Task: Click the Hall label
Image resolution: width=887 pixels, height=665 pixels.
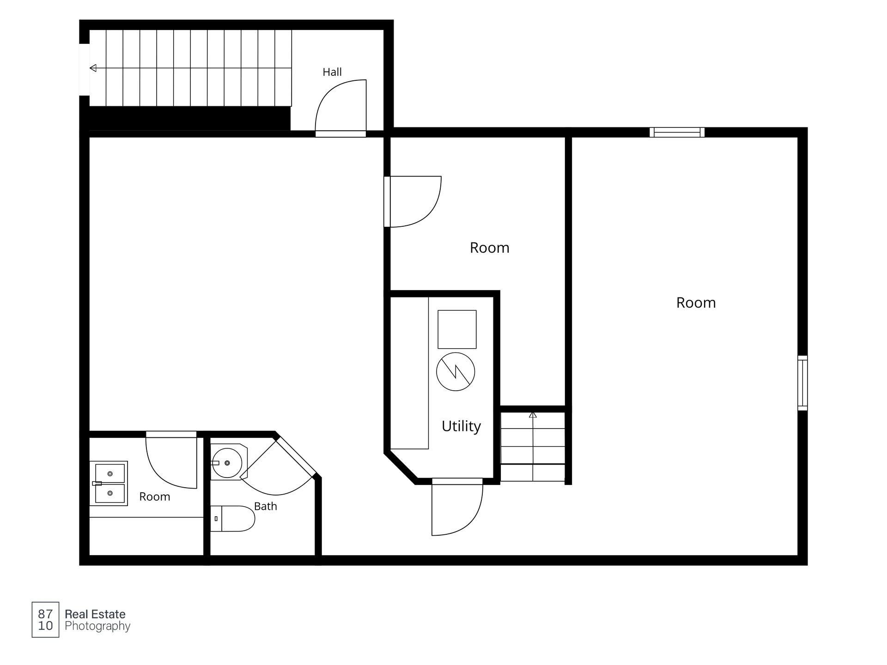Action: pyautogui.click(x=332, y=72)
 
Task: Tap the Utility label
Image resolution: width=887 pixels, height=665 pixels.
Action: pyautogui.click(x=461, y=426)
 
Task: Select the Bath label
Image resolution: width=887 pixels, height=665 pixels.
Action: pyautogui.click(x=266, y=506)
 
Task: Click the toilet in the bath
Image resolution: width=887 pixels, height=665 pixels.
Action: pyautogui.click(x=232, y=519)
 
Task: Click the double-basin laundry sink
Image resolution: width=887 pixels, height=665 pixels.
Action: pyautogui.click(x=109, y=484)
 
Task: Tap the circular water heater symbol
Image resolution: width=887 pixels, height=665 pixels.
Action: pyautogui.click(x=456, y=372)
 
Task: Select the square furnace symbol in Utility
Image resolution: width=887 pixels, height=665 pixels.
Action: pyautogui.click(x=457, y=329)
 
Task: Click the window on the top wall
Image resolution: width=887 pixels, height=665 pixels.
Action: pyautogui.click(x=677, y=133)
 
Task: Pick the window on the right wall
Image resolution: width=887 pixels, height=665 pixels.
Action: pyautogui.click(x=803, y=383)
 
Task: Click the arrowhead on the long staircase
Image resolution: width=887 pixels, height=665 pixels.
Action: pyautogui.click(x=93, y=68)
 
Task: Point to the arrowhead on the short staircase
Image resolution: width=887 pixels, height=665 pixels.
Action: pyautogui.click(x=533, y=415)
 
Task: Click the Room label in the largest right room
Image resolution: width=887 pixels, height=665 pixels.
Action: pyautogui.click(x=696, y=303)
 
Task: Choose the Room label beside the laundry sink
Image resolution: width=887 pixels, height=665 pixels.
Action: pyautogui.click(x=155, y=497)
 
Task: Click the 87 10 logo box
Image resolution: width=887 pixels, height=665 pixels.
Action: pyautogui.click(x=45, y=620)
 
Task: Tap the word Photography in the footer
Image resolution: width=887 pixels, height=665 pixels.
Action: pyautogui.click(x=97, y=627)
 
